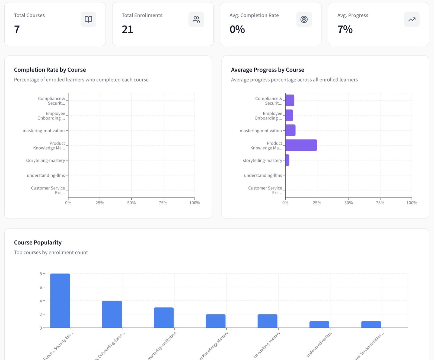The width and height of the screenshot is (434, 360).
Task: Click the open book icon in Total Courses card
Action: (x=88, y=19)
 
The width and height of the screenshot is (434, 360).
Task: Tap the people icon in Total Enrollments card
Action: (x=196, y=19)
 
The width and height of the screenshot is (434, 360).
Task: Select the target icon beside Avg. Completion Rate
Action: (x=304, y=19)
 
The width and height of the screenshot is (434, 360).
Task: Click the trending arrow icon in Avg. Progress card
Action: (x=411, y=19)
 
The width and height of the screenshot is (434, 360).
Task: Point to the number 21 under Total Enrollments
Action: (x=127, y=29)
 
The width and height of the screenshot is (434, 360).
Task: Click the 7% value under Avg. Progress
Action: (x=345, y=29)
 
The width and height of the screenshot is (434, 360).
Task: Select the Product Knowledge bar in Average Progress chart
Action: (x=301, y=145)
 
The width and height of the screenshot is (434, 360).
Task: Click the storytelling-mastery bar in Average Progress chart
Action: (x=287, y=160)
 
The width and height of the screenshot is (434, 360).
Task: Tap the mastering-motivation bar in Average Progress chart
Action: (x=290, y=130)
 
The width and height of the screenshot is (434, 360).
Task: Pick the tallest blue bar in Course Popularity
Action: (x=60, y=301)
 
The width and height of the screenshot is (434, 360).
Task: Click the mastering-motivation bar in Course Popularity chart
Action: (x=164, y=318)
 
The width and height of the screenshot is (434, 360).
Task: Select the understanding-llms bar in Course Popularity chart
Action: (x=319, y=324)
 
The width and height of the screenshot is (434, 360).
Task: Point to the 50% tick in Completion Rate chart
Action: (x=131, y=203)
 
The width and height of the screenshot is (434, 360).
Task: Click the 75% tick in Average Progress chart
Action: (x=380, y=203)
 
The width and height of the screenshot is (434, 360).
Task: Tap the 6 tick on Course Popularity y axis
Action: (x=41, y=287)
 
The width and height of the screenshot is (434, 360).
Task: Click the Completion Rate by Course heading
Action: (x=50, y=70)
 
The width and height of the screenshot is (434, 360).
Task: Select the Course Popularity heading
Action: (x=38, y=243)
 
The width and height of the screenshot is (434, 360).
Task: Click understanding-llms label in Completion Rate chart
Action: (x=46, y=175)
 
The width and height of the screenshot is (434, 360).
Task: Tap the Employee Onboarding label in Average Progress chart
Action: (x=268, y=116)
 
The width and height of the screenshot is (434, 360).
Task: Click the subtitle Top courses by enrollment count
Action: (x=51, y=253)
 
